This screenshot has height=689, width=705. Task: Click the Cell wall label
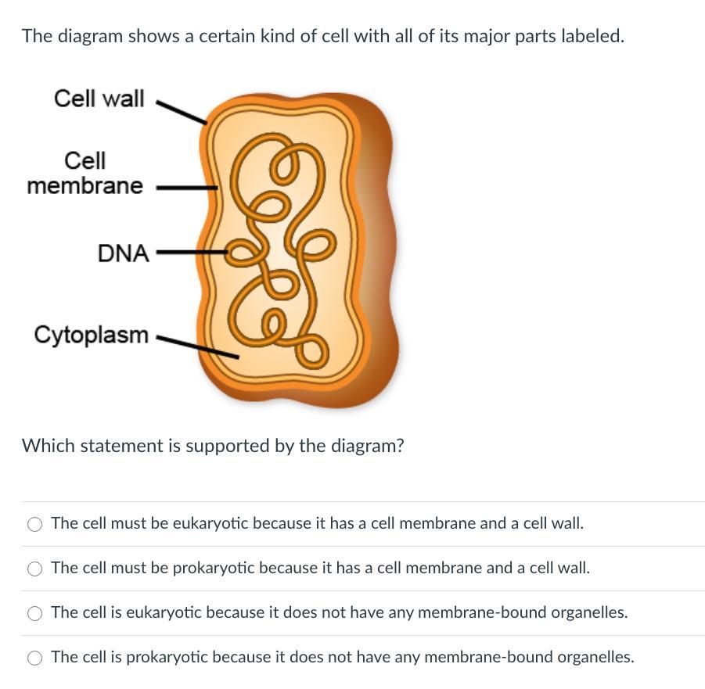point(99,99)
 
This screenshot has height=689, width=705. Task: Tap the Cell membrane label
point(85,174)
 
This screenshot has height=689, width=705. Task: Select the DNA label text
point(123,253)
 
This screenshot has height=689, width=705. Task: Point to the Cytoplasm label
point(91,335)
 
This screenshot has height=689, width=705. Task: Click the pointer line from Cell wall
point(182,112)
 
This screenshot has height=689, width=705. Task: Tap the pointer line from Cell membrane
point(186,188)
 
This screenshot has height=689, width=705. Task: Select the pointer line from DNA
point(190,253)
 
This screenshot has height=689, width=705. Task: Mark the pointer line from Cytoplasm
point(197,346)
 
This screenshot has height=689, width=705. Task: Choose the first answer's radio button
point(35,524)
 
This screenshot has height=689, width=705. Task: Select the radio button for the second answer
point(35,569)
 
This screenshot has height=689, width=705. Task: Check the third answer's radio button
point(35,613)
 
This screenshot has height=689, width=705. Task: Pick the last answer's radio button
point(35,658)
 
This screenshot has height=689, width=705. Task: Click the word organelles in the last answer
point(595,657)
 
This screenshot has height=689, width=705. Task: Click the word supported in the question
point(227,446)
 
